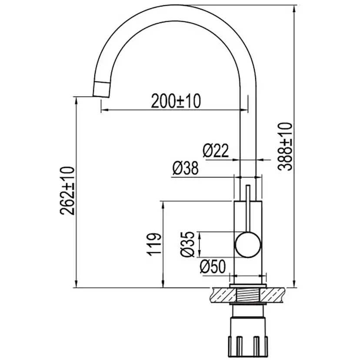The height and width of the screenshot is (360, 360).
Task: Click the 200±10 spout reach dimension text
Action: tap(176, 101)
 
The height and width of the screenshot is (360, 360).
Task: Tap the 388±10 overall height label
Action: tap(285, 147)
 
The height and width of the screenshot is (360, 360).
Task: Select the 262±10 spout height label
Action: tap(67, 190)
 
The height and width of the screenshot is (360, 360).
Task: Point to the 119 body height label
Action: tap(154, 244)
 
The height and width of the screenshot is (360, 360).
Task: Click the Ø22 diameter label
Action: tap(216, 150)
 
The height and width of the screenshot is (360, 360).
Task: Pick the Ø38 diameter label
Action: tap(186, 168)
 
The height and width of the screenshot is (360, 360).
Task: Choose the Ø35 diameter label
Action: tap(187, 244)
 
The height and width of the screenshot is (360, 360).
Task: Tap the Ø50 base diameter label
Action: tap(213, 267)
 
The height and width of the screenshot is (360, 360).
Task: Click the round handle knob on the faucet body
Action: tap(248, 245)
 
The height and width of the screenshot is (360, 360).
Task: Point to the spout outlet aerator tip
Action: tap(101, 90)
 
